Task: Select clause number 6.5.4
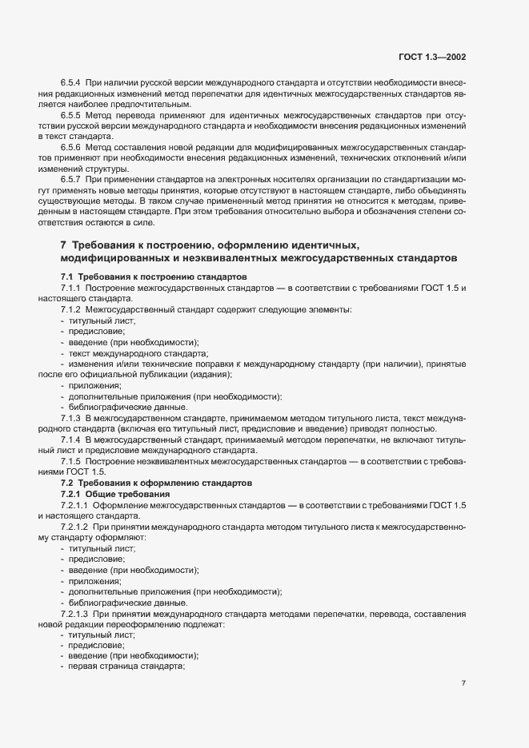(70, 83)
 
